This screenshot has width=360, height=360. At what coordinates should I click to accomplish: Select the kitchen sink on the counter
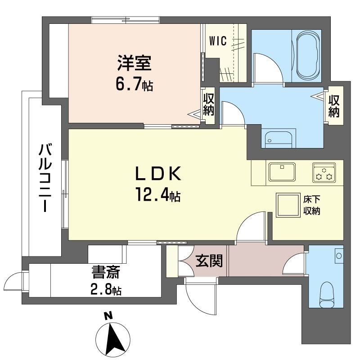[282, 172]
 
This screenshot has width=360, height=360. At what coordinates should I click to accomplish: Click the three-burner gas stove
[324, 173]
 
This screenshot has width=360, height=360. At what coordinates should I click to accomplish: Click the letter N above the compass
[108, 316]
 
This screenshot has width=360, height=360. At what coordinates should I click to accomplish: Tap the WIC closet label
[218, 41]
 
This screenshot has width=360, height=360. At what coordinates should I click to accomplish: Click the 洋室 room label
[135, 62]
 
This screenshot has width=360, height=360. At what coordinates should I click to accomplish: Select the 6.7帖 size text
[134, 84]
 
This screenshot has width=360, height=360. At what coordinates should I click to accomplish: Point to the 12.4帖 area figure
[158, 195]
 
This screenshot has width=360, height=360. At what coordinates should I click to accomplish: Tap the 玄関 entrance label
[209, 261]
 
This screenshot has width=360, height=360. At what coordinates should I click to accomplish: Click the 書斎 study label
[106, 273]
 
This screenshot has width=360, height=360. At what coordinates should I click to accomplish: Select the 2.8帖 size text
[106, 290]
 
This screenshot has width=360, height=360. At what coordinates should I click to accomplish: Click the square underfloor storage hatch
[288, 205]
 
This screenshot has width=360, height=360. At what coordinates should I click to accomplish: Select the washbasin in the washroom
[279, 139]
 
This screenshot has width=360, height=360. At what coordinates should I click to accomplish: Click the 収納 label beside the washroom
[334, 106]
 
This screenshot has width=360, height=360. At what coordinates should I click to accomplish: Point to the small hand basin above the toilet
[339, 256]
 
